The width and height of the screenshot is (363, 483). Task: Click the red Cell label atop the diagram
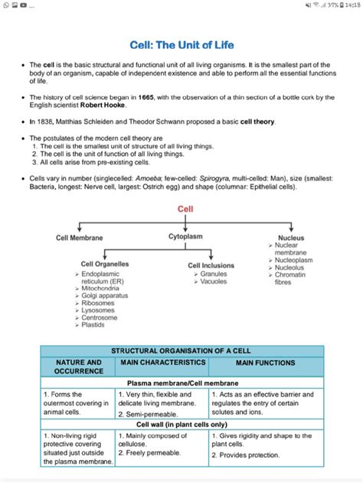click(x=185, y=209)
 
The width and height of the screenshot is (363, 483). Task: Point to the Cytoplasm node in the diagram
click(x=185, y=237)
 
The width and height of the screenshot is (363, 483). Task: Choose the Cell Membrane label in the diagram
click(x=80, y=238)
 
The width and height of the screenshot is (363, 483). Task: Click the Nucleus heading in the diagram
click(x=290, y=238)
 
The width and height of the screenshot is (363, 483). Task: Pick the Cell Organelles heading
click(x=105, y=264)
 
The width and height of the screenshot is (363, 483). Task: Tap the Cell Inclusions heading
click(x=211, y=265)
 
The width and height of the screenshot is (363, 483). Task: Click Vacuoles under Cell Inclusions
click(x=214, y=281)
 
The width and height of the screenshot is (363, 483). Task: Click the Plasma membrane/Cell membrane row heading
click(x=181, y=382)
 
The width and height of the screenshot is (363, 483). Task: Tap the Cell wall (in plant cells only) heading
click(x=181, y=424)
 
